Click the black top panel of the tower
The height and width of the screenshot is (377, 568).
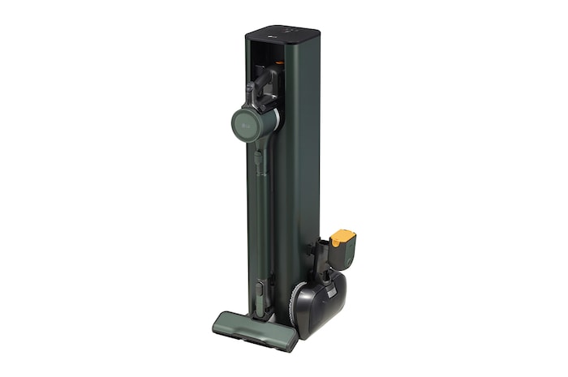(x=280, y=36)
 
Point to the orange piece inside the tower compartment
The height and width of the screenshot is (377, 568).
(x=279, y=61)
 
